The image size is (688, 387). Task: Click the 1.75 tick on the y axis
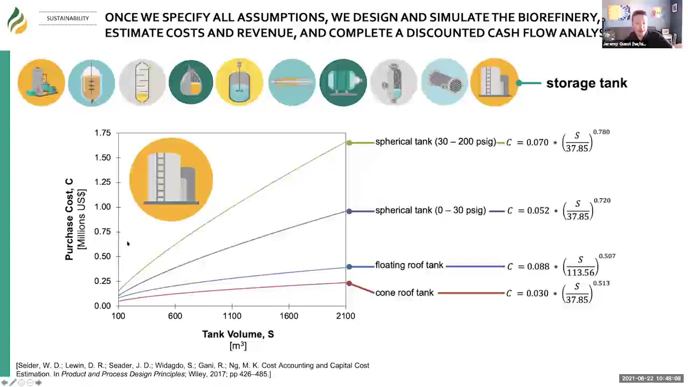(102, 133)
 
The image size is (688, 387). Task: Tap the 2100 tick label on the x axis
(345, 316)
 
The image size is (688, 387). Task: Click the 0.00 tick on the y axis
(102, 306)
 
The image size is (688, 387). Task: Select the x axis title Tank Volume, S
(238, 334)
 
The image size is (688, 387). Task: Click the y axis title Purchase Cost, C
(69, 219)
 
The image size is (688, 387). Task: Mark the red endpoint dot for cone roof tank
(349, 283)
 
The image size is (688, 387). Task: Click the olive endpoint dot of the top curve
(349, 142)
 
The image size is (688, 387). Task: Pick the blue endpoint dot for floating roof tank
(349, 267)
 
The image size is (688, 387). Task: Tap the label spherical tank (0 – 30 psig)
(431, 211)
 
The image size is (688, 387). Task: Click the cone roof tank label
(404, 293)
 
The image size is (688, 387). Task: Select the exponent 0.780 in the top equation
(601, 132)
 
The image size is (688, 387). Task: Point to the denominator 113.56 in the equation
(580, 273)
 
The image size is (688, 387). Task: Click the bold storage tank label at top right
(586, 83)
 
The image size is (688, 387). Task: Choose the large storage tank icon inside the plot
(171, 179)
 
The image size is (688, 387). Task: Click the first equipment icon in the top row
(41, 82)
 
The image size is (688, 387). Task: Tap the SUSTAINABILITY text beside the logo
(68, 19)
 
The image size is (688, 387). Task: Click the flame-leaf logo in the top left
(17, 20)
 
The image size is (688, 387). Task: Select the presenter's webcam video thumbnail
(642, 25)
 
